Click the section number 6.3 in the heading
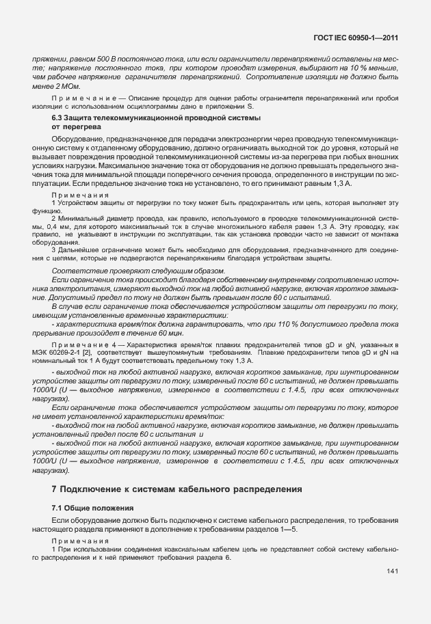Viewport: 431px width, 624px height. [x=59, y=119]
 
